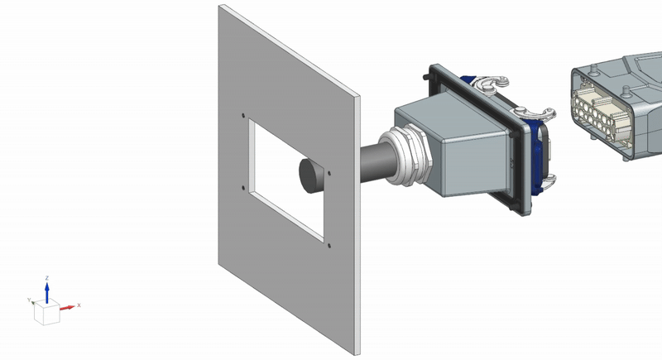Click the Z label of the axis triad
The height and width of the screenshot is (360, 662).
[47, 278]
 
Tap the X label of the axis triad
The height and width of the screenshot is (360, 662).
[79, 305]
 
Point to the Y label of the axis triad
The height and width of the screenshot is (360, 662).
[29, 300]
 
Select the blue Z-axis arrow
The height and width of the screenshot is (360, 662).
[47, 292]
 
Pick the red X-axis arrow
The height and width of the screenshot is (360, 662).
[67, 307]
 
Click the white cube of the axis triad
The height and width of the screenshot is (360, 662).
[47, 313]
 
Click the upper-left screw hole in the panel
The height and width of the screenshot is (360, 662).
[243, 115]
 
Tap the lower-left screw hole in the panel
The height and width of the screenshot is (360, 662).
[243, 188]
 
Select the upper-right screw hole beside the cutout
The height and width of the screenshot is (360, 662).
[329, 173]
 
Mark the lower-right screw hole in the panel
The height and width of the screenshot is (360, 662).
[329, 245]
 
